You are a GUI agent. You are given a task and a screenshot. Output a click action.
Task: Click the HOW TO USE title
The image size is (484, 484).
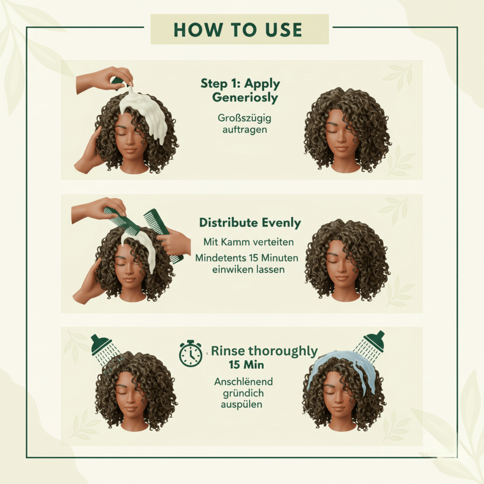pyautogui.click(x=238, y=30)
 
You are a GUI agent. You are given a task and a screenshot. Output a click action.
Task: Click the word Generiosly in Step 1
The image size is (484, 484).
pyautogui.click(x=245, y=98)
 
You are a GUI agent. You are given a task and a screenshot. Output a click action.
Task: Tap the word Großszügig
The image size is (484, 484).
pyautogui.click(x=244, y=119)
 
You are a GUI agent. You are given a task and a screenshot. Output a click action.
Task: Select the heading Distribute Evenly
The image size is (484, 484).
pyautogui.click(x=250, y=223)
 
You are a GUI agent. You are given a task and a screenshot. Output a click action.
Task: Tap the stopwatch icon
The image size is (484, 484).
pyautogui.click(x=191, y=353)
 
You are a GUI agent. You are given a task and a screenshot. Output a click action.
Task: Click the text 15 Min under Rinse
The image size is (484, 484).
pyautogui.click(x=246, y=365)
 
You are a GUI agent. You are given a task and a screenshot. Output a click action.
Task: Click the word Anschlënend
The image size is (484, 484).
pyautogui.click(x=243, y=382)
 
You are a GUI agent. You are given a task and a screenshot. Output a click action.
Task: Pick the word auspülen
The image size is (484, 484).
pyautogui.click(x=242, y=405)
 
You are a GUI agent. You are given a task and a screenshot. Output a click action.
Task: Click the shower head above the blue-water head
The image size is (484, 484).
pyautogui.click(x=373, y=341)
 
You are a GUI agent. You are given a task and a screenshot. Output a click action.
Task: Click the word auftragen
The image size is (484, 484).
pyautogui.click(x=244, y=130)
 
